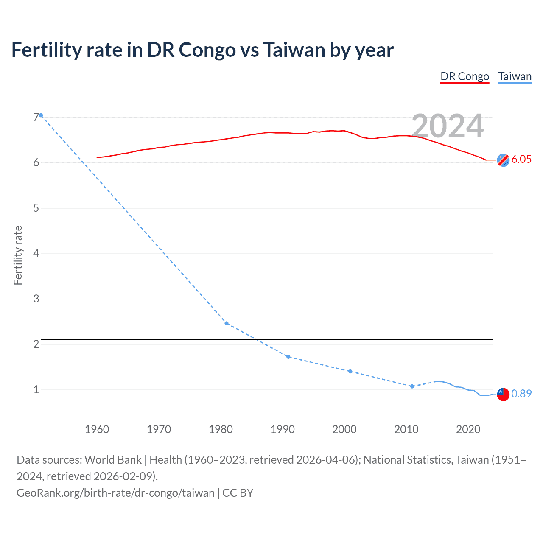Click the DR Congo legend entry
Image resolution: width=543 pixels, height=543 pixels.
tap(465, 76)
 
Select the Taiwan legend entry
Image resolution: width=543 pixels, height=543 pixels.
tap(515, 76)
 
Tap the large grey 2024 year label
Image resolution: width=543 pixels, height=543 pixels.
tap(448, 126)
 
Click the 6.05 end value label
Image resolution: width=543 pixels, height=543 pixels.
tap(521, 159)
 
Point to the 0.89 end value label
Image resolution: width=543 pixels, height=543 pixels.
tap(521, 394)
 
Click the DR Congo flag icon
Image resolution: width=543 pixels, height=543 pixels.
tap(503, 160)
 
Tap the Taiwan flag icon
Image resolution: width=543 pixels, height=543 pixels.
tap(503, 394)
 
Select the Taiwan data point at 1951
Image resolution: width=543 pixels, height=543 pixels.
tap(41, 115)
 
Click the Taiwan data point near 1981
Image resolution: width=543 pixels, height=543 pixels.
tap(227, 323)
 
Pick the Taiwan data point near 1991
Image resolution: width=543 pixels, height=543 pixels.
tap(288, 357)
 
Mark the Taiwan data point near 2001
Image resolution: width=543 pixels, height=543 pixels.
tap(350, 371)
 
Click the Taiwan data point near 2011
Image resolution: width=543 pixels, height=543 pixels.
tap(412, 386)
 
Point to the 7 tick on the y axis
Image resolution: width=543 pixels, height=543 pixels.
tap(36, 117)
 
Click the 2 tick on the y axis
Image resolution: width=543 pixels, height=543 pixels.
tap(36, 344)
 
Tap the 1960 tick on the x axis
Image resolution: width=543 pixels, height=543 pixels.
tap(97, 429)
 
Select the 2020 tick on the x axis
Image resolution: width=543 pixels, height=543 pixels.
tap(468, 429)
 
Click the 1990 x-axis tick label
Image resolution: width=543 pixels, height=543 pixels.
tap(283, 429)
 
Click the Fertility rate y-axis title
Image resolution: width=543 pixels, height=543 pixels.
tap(18, 255)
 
